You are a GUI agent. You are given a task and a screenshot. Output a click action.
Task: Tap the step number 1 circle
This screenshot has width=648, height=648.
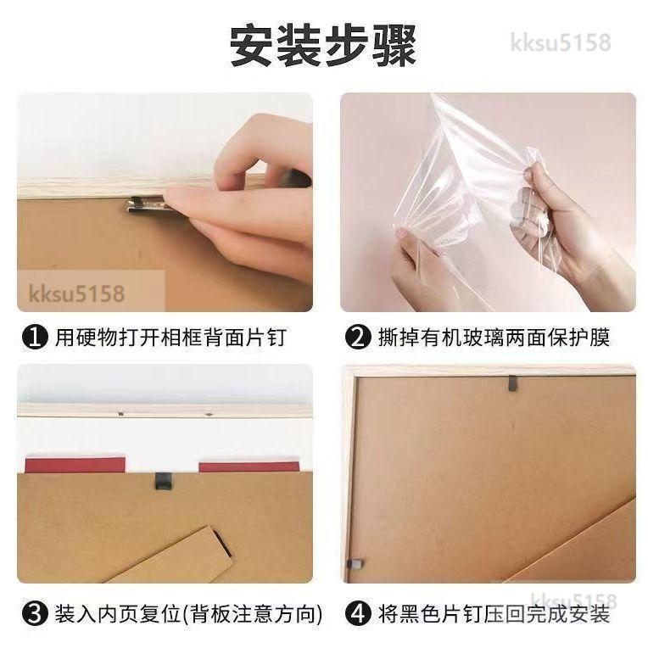click(35, 338)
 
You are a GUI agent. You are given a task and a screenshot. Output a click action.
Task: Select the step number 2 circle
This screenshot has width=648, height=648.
click(357, 338)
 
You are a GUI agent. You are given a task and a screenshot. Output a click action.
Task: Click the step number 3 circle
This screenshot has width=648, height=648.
click(35, 614)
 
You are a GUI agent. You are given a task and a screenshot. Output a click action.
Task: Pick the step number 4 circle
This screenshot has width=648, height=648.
click(357, 614)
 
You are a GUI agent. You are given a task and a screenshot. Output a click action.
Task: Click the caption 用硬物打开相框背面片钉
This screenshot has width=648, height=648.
click(170, 338)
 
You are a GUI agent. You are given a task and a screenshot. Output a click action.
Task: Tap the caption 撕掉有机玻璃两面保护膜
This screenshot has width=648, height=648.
click(494, 338)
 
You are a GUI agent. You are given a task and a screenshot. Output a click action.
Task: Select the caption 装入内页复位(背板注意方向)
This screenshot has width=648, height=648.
click(188, 614)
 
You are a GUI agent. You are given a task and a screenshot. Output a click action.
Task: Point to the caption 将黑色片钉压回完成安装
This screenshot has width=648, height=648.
click(494, 614)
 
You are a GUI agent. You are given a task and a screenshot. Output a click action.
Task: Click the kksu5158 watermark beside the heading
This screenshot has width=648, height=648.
click(561, 42)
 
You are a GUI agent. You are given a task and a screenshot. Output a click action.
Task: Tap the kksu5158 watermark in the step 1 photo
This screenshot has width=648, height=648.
click(76, 293)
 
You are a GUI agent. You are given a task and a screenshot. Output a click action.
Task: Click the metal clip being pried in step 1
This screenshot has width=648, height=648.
click(146, 204)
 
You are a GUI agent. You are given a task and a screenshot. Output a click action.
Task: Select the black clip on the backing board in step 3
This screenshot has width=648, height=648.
click(162, 481)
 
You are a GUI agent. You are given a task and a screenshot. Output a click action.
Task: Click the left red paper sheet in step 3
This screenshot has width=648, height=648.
click(75, 466)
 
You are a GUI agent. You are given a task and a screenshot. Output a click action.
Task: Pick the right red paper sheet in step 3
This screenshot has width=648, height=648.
click(249, 467)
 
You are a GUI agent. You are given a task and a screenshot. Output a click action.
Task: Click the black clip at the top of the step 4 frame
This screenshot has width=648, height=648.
click(512, 383)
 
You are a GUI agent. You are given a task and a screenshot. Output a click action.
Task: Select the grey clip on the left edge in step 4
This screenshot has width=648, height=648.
click(355, 564)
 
